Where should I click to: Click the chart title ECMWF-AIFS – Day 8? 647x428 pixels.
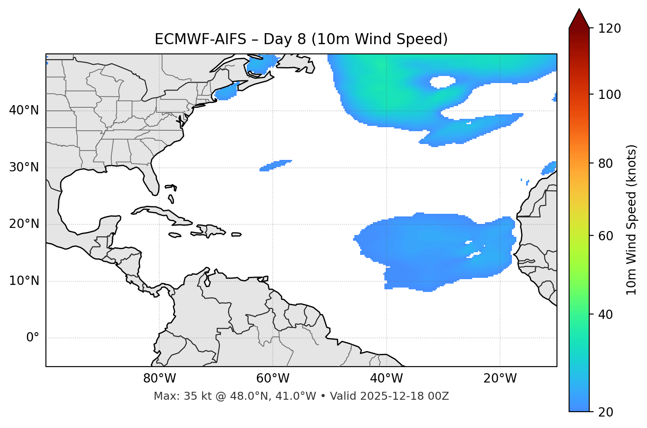(x=301, y=39)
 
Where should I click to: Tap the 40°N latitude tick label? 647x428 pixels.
(x=24, y=110)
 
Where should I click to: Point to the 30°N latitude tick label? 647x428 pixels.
(x=24, y=167)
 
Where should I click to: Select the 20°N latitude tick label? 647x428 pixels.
(x=24, y=224)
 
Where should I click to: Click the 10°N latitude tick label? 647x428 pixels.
(x=24, y=281)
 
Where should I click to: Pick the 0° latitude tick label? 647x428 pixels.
(x=33, y=338)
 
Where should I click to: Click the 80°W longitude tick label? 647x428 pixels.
(x=159, y=379)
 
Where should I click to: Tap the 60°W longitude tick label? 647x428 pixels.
(x=273, y=379)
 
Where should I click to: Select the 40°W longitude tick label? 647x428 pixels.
(x=386, y=379)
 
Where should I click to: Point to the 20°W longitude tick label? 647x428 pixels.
(x=500, y=379)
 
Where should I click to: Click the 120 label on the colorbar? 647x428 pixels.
(x=609, y=29)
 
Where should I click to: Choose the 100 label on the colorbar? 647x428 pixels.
(x=609, y=95)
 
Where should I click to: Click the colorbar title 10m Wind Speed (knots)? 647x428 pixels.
(x=632, y=220)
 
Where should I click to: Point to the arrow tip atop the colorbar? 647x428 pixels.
(x=579, y=10)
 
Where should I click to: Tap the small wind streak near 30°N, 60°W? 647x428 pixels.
(x=276, y=165)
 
